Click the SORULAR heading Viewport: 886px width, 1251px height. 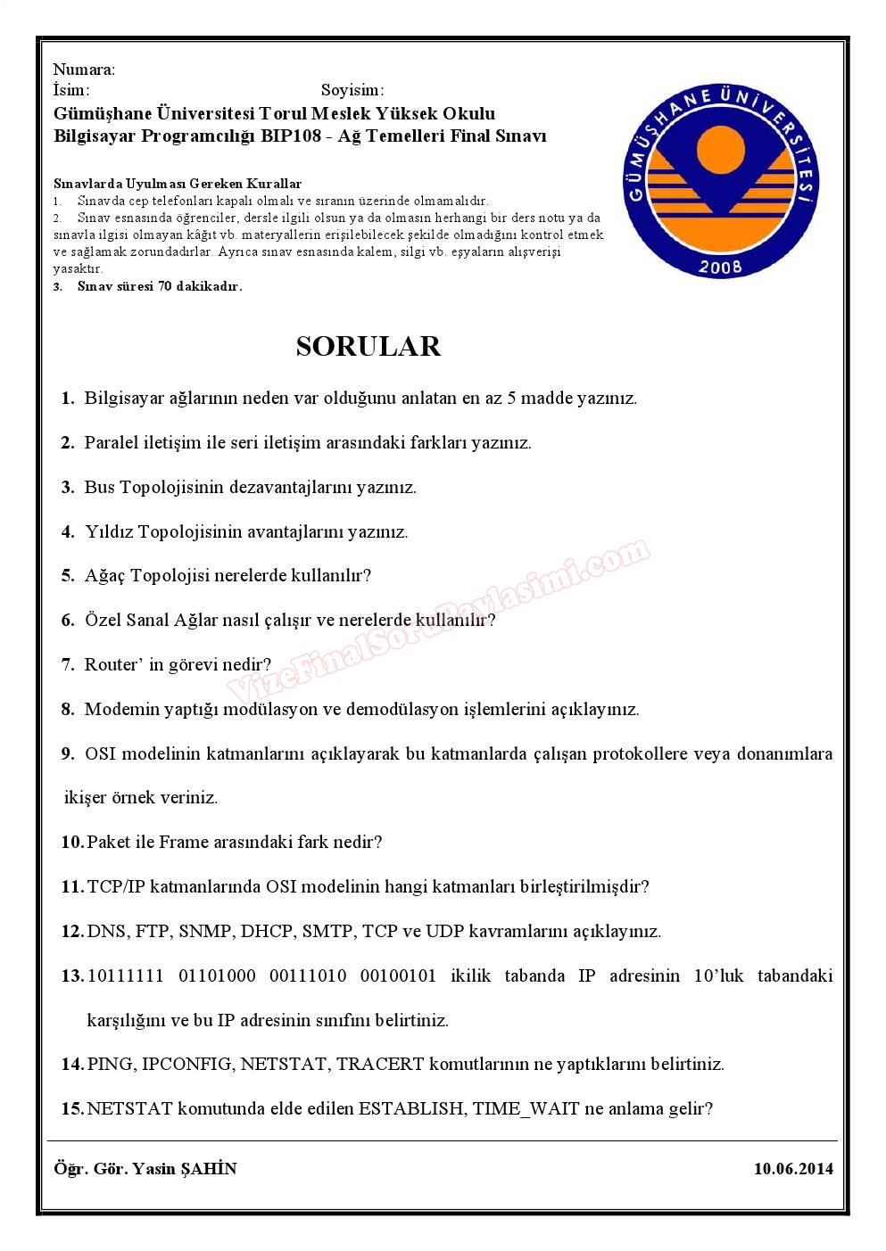[x=368, y=346]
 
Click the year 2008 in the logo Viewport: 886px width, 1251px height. [x=721, y=266]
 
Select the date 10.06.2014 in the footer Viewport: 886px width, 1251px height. [x=793, y=1168]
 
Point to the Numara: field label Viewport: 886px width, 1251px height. [x=84, y=70]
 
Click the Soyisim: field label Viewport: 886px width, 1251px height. [x=352, y=90]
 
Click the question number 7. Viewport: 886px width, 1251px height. [x=68, y=664]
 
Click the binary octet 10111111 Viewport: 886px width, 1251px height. [x=126, y=975]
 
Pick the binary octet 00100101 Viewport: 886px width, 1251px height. [x=398, y=975]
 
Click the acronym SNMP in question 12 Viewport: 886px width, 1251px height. [x=205, y=931]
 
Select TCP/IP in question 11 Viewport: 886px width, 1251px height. [x=116, y=886]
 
